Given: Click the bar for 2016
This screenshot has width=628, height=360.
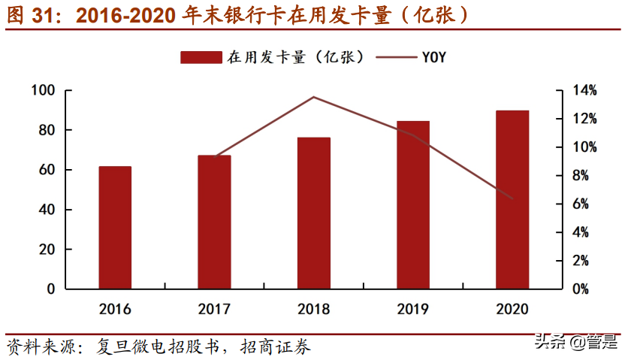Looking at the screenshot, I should [x=115, y=227].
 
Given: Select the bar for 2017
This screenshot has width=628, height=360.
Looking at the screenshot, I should [x=214, y=222].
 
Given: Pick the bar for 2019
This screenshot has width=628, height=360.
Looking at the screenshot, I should [x=413, y=204].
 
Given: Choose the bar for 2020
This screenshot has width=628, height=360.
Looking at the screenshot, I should [x=512, y=199].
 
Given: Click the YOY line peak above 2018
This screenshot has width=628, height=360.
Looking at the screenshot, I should [x=314, y=97].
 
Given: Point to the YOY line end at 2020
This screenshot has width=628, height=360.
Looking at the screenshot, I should [x=512, y=198].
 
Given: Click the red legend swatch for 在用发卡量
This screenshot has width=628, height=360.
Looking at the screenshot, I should [x=201, y=57].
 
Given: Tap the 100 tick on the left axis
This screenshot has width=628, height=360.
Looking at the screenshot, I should [x=44, y=91].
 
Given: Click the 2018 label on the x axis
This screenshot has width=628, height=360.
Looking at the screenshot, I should [x=314, y=309].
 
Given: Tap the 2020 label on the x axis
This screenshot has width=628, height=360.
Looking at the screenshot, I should [x=512, y=309].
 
